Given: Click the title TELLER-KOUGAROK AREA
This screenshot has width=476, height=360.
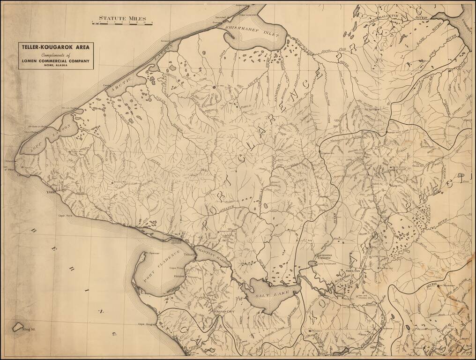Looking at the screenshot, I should click(56, 47).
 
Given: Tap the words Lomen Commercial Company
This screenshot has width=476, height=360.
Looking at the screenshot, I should click(56, 60).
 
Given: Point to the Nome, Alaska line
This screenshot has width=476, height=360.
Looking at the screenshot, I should click(56, 65).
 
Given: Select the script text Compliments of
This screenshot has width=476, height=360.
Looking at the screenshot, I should click(56, 54).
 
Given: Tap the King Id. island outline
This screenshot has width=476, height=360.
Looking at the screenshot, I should click(19, 326).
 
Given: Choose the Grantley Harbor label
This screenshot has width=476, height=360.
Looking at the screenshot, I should click(213, 256).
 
